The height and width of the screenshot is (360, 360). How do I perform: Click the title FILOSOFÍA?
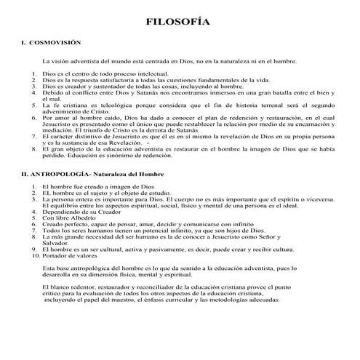coord(180,23)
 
